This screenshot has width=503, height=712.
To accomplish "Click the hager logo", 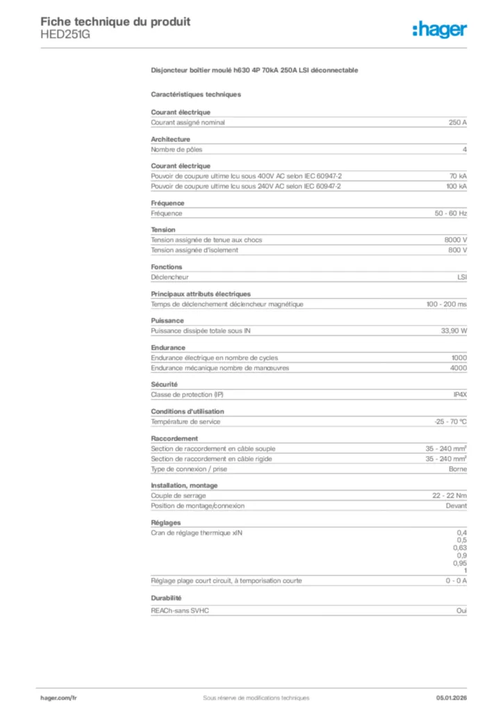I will tap(440, 29).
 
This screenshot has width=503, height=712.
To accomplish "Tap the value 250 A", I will tap(457, 122).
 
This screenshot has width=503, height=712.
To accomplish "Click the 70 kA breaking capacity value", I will tap(458, 176).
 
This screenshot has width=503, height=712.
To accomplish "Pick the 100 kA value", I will tap(456, 186).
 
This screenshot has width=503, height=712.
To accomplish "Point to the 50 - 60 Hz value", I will tap(446, 213).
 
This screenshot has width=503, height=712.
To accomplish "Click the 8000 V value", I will tap(455, 240).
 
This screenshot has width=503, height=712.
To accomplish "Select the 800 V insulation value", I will tap(457, 250).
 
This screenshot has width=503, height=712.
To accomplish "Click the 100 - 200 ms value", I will tap(446, 304).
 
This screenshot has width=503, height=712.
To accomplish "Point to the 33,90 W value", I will tap(454, 331).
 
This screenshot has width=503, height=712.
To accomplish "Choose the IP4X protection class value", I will tap(460, 394).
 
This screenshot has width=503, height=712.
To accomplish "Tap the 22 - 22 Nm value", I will tap(450, 496).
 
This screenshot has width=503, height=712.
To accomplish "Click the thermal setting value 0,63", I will tap(459, 548).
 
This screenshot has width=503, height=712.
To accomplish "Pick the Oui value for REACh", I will tap(461, 610).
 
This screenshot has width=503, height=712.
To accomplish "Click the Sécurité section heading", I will tap(165, 384).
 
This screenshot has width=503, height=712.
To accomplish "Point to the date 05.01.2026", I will tap(452, 697).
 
